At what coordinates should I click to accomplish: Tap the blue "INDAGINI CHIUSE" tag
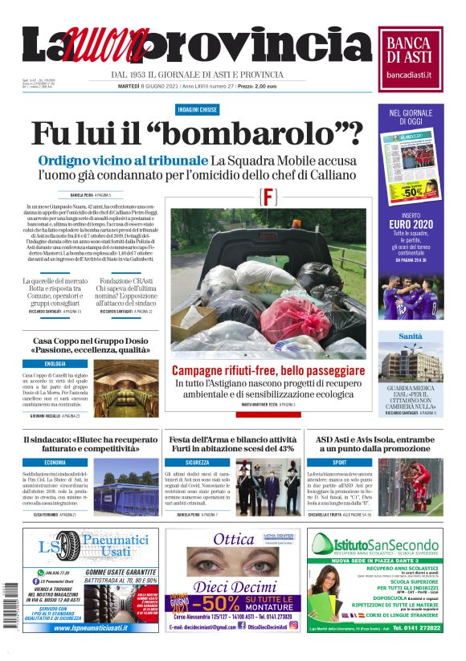197,109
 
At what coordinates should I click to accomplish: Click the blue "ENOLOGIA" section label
55,364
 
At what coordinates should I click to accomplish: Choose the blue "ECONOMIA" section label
55,463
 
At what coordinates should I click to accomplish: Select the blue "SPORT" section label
339,463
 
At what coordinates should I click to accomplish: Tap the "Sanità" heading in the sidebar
411,337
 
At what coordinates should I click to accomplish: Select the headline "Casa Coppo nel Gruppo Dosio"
92,345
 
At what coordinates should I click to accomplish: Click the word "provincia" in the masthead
258,46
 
